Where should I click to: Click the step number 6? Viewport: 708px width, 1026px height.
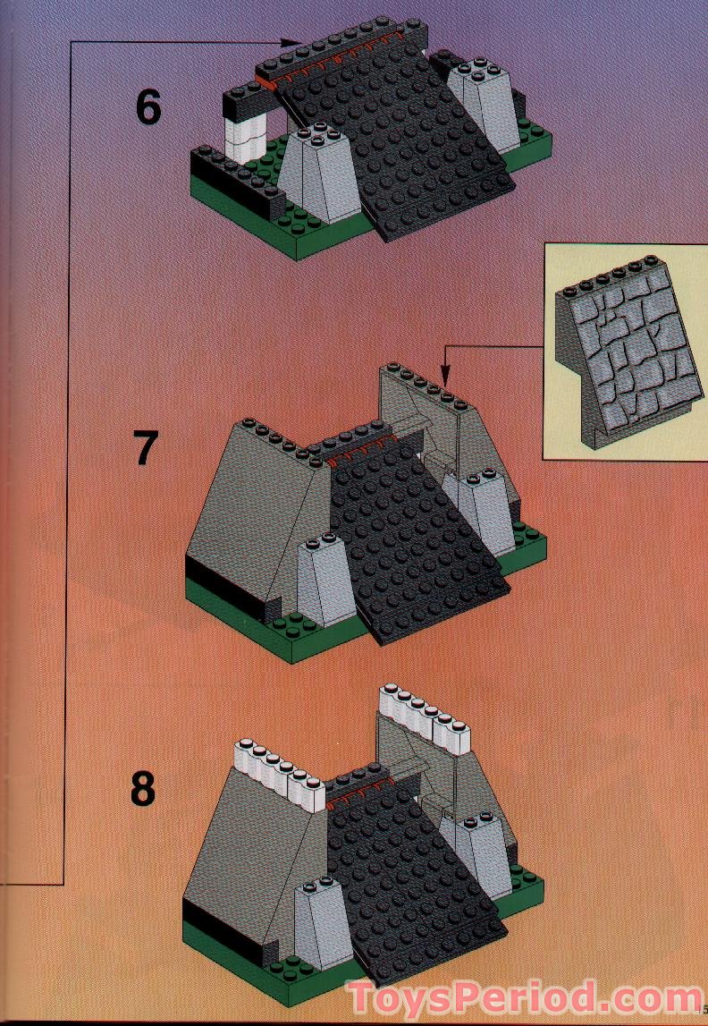coord(148,107)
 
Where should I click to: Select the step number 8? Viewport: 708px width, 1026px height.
coord(142,789)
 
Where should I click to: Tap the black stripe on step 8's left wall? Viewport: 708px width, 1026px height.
coord(201,912)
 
